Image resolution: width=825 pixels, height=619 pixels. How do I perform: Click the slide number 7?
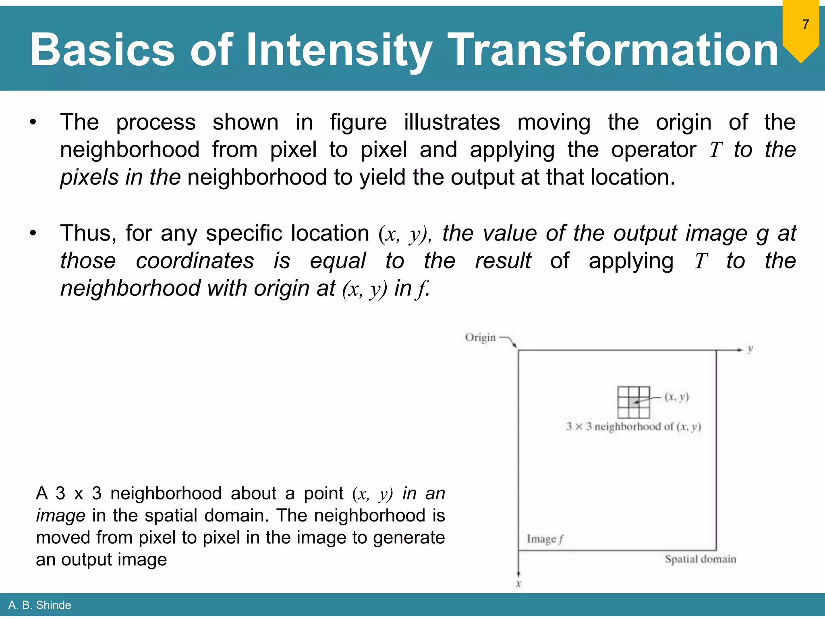(805, 25)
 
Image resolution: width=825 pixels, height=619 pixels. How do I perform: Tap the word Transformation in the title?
(613, 50)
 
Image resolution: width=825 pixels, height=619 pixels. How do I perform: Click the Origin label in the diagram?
(480, 337)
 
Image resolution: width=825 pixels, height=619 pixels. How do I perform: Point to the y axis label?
(750, 349)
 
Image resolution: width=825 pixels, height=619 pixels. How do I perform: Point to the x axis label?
(518, 584)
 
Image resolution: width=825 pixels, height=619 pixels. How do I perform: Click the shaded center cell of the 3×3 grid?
(634, 402)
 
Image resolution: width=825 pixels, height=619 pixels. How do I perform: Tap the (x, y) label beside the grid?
(677, 397)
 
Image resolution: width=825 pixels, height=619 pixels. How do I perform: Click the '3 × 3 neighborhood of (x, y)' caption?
(634, 426)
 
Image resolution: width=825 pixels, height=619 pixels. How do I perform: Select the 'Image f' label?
(545, 539)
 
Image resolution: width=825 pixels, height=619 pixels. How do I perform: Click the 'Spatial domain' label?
(700, 559)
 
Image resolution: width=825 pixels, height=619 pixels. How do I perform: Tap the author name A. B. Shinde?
(39, 605)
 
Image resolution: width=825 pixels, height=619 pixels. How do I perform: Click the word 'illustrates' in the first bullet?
(452, 122)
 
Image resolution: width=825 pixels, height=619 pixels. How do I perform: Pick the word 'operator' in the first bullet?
(653, 150)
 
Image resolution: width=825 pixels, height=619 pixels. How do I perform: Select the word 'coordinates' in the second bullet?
(195, 261)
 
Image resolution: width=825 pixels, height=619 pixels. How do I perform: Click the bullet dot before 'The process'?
(33, 122)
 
